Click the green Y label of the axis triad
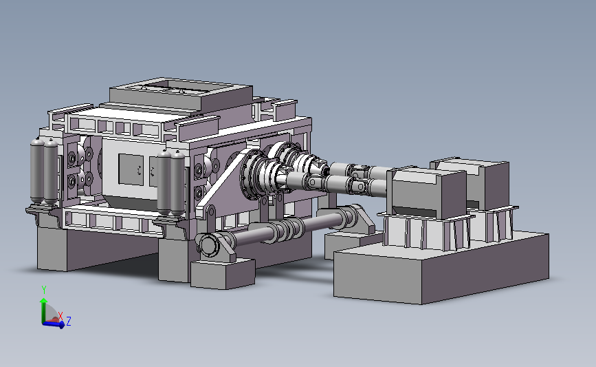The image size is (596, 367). tap(44, 290)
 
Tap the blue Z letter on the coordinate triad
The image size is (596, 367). tap(69, 322)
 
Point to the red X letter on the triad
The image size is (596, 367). tap(60, 315)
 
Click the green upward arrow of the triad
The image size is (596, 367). tap(43, 311)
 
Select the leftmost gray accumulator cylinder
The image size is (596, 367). tap(37, 171)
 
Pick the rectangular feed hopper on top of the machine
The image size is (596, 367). tap(181, 94)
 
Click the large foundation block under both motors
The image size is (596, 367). tap(441, 266)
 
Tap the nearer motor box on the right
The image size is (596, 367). tap(428, 193)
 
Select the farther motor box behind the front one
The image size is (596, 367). tap(479, 182)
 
